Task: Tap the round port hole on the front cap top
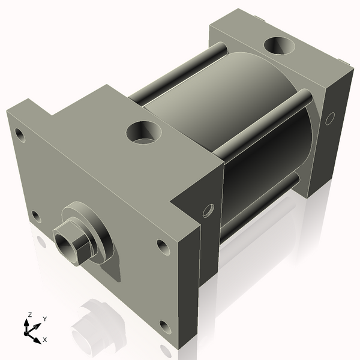(x=143, y=131)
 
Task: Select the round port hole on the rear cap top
(x=278, y=45)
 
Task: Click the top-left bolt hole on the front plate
(x=22, y=135)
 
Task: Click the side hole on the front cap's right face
(x=208, y=210)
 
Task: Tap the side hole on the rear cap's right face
(x=329, y=119)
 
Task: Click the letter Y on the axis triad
(x=44, y=319)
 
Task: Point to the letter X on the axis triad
(x=45, y=340)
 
